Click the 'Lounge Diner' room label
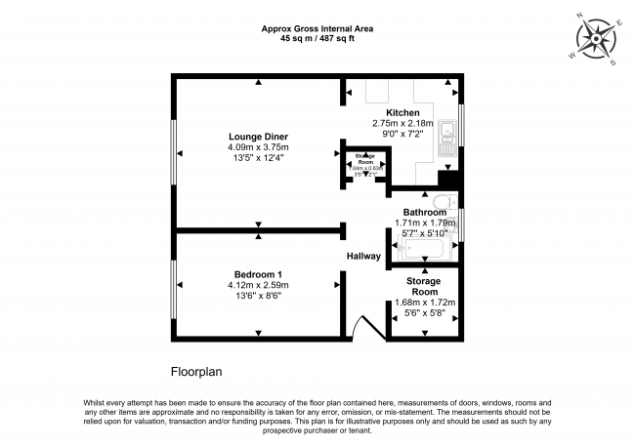[258, 136]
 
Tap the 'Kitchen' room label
[402, 113]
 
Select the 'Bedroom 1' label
[258, 273]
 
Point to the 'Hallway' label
[363, 256]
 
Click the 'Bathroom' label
[425, 212]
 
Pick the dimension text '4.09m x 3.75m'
[258, 147]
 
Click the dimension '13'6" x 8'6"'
[258, 296]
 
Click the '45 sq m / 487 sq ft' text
[317, 39]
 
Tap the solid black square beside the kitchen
[449, 180]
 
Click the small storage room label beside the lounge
[364, 159]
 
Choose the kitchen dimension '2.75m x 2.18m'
[402, 124]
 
